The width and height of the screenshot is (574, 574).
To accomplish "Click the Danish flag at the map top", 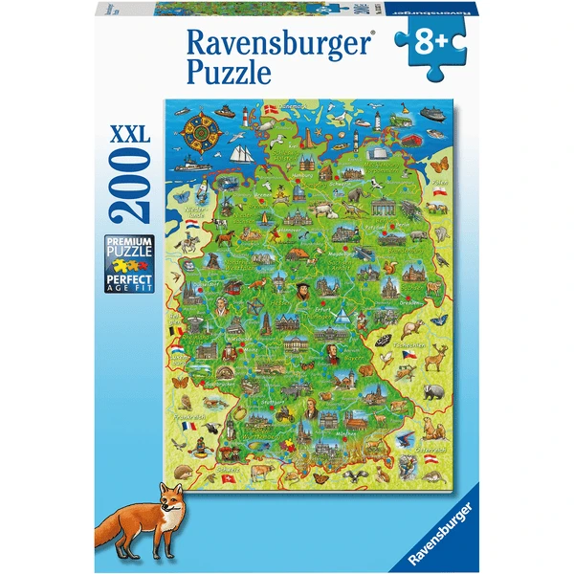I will (271, 109).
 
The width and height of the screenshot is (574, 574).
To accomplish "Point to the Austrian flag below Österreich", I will (430, 459).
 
